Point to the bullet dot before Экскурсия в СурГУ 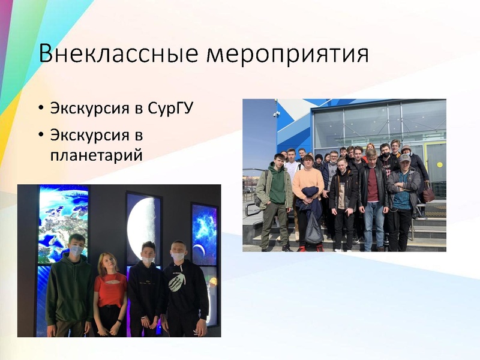coord(40,109)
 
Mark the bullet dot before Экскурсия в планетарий coord(40,133)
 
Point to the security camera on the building coord(277,114)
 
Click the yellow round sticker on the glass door coord(440,164)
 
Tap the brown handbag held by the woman coord(428,193)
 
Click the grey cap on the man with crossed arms coord(406,157)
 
